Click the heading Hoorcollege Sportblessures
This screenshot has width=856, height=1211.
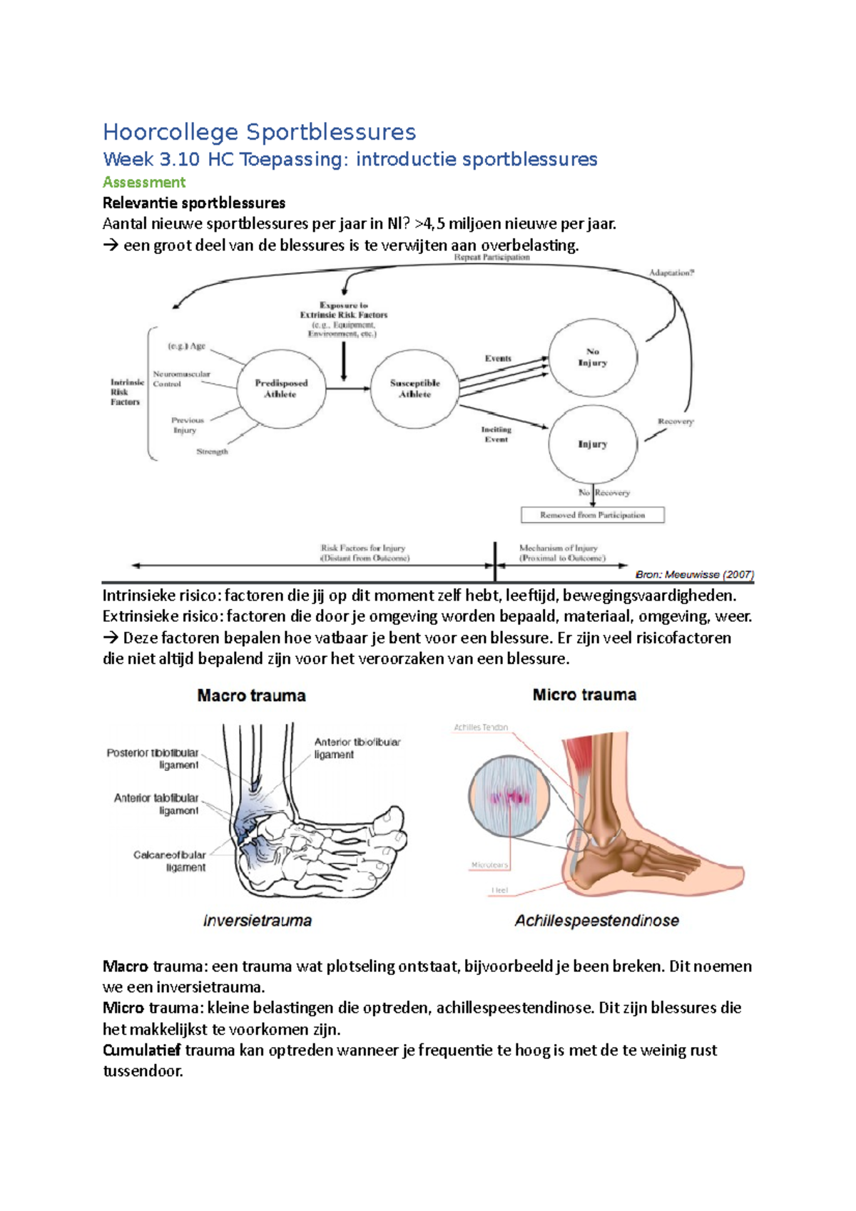[259, 132]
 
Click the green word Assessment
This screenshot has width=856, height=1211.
[144, 182]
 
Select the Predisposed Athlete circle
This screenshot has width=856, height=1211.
[281, 389]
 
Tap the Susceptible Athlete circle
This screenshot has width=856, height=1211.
[414, 389]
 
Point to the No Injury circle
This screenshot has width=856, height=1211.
[592, 357]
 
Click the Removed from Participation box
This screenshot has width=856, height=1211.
[592, 515]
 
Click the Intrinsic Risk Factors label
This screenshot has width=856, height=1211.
[126, 392]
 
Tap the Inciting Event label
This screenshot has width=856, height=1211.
[496, 434]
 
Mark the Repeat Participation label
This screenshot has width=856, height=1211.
[491, 257]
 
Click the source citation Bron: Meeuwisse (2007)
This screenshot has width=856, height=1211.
[694, 574]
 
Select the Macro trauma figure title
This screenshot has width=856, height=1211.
[251, 695]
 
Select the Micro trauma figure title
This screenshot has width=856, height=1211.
[584, 695]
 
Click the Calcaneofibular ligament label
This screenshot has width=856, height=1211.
[170, 861]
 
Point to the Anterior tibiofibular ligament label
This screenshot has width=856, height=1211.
[357, 748]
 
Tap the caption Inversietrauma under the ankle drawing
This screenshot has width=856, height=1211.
[258, 921]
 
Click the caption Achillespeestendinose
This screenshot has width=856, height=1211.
[596, 921]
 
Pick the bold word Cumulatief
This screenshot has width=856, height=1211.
[141, 1050]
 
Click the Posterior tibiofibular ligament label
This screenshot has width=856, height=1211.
[153, 759]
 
